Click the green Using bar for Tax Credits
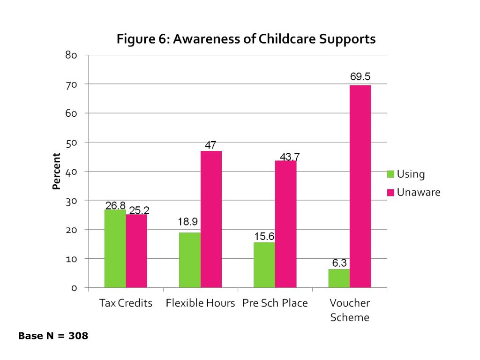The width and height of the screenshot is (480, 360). [115, 248]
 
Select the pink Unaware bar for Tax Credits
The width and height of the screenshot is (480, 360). [136, 251]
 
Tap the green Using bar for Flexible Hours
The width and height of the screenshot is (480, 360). [189, 260]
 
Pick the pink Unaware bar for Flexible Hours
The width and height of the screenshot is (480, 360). [211, 219]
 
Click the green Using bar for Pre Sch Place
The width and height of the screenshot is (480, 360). [264, 265]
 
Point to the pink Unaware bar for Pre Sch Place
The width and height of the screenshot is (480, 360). [285, 224]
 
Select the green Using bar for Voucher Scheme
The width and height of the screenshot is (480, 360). [338, 278]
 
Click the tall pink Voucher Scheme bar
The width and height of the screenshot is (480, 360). [360, 187]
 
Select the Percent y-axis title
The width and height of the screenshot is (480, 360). [57, 172]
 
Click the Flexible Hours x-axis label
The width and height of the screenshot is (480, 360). [200, 303]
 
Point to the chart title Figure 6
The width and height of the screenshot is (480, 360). [246, 39]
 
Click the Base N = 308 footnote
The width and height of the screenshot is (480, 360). [53, 336]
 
